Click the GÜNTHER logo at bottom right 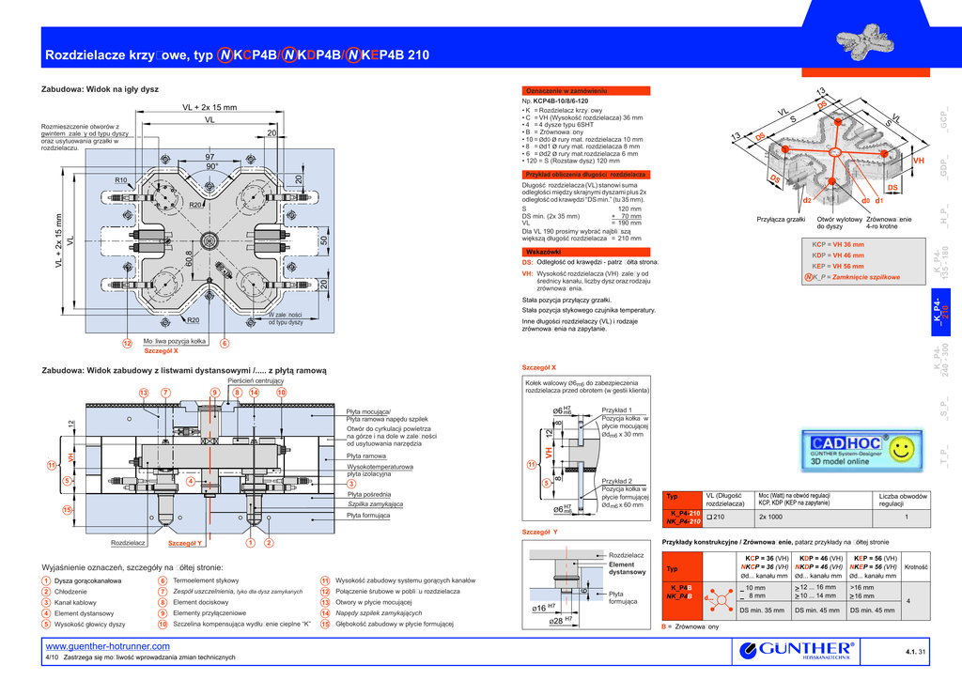[x=799, y=651]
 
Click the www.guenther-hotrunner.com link [x=107, y=646]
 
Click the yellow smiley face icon [x=903, y=444]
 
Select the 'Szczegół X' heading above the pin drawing [x=539, y=367]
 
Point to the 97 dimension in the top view [x=209, y=157]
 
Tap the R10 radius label [x=120, y=180]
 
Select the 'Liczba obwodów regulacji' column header [x=903, y=500]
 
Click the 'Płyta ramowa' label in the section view [x=366, y=456]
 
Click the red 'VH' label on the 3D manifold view [x=919, y=162]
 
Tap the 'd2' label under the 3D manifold [x=806, y=201]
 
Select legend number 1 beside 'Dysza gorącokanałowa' [x=46, y=581]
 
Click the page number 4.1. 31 [x=915, y=652]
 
